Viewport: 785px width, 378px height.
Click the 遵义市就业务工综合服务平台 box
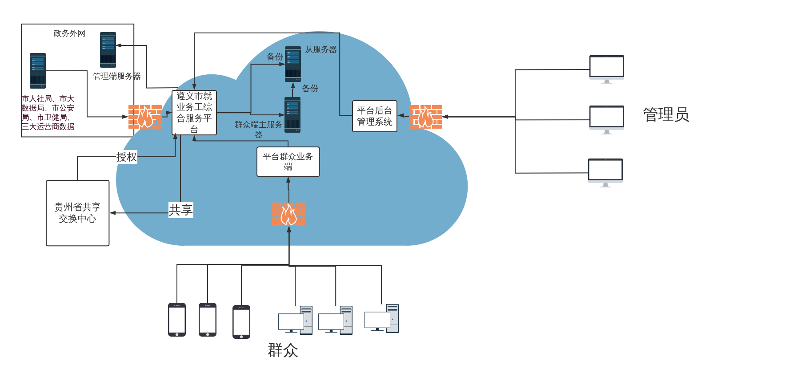tap(194, 113)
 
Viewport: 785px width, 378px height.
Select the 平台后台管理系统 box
tap(374, 116)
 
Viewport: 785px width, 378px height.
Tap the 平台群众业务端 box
tap(288, 162)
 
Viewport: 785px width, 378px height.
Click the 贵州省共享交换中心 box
tap(78, 213)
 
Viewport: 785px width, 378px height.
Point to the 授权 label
tap(127, 157)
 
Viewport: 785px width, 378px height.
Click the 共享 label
tap(180, 210)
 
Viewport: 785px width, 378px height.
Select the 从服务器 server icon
tap(293, 64)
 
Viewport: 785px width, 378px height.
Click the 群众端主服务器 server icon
tap(292, 115)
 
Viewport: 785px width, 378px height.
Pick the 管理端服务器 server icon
tap(108, 49)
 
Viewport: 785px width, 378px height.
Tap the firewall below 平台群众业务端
tap(288, 214)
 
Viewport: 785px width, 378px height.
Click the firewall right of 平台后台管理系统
tap(425, 117)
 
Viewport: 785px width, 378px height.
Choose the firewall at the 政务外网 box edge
tap(145, 117)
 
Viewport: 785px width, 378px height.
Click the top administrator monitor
tap(607, 69)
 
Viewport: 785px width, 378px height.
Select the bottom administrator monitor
tap(605, 172)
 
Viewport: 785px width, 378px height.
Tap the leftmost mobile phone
tap(177, 319)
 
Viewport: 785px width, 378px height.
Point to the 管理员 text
tap(666, 115)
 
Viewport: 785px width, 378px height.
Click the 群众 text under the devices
tap(283, 350)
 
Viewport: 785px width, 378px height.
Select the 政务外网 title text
tap(69, 33)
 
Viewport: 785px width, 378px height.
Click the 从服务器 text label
tap(320, 49)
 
